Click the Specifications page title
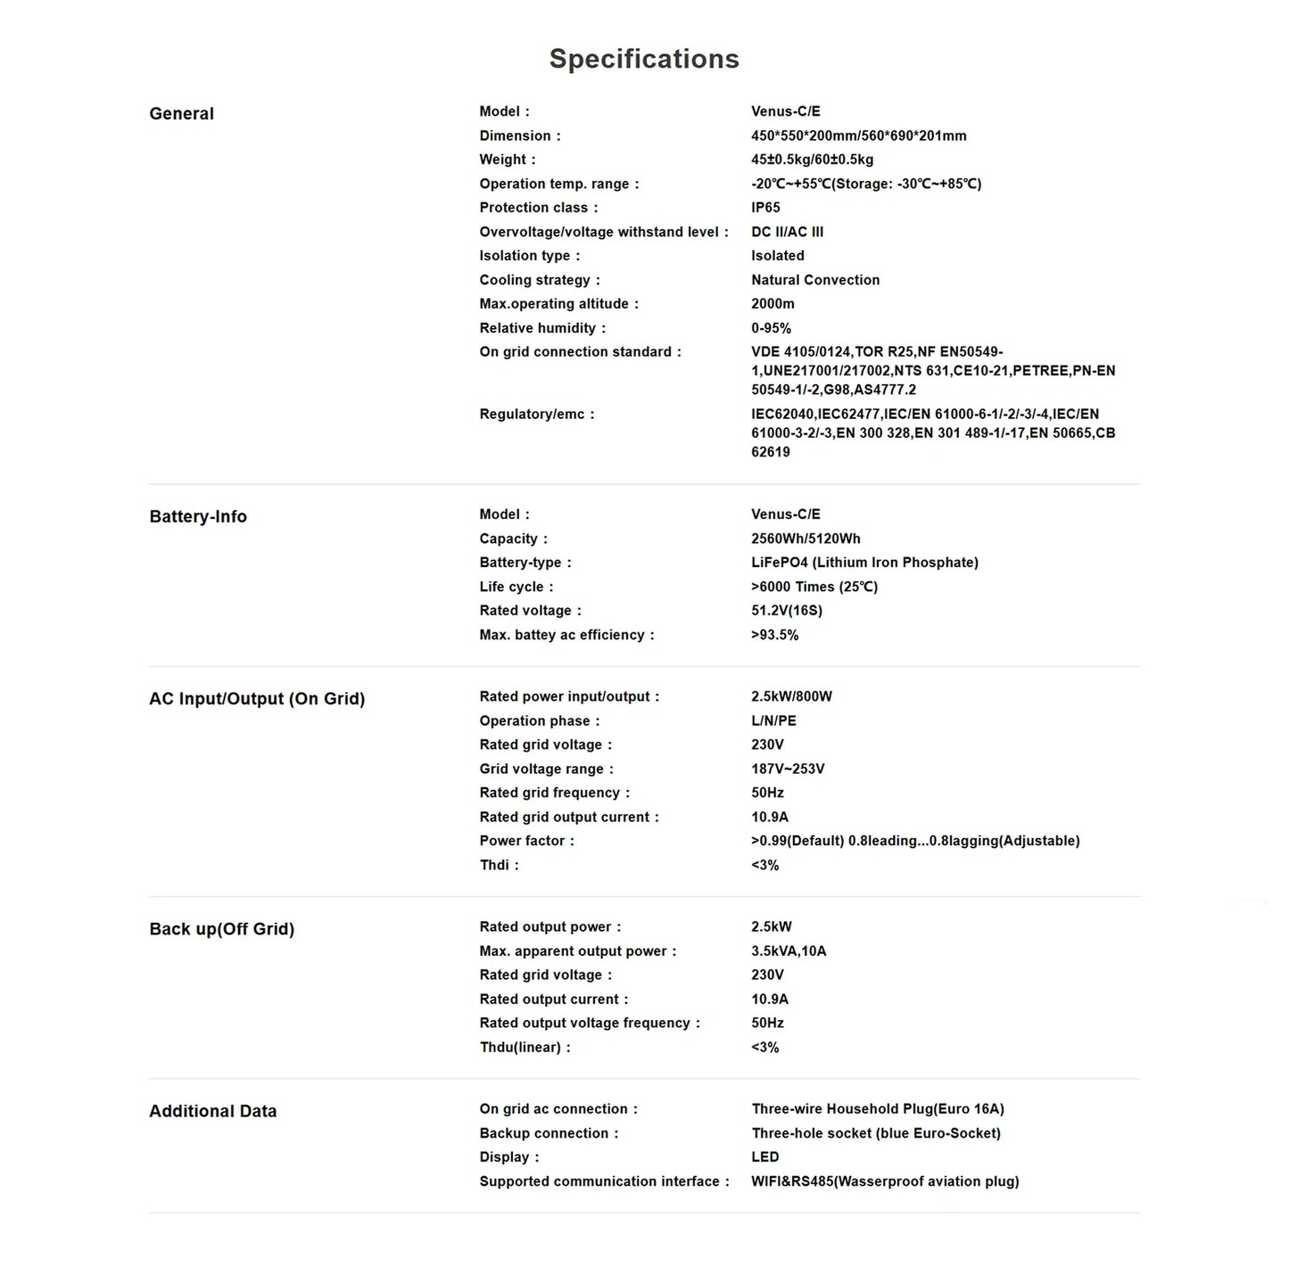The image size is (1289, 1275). click(x=644, y=59)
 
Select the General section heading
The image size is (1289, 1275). click(x=181, y=113)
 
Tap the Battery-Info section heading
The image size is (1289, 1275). click(x=198, y=516)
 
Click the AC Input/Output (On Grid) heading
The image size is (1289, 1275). click(x=257, y=698)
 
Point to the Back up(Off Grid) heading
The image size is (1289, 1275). click(x=221, y=928)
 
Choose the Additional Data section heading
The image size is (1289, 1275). click(x=212, y=1111)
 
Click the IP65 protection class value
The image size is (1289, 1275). click(x=765, y=208)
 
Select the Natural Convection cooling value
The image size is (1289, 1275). click(x=815, y=280)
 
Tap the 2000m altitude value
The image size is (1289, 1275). click(x=773, y=304)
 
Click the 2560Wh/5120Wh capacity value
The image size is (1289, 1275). click(x=806, y=539)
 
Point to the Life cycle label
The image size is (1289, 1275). click(x=511, y=587)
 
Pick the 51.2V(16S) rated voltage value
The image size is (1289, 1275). click(x=787, y=611)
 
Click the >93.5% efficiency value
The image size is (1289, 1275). click(x=774, y=635)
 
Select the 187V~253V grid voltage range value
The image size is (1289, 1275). click(x=788, y=769)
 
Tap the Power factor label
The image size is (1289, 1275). click(x=522, y=841)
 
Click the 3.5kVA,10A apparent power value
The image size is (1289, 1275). click(x=789, y=951)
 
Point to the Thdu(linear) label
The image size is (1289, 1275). click(x=520, y=1048)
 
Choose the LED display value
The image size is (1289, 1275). click(x=765, y=1157)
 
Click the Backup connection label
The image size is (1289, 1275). click(x=543, y=1133)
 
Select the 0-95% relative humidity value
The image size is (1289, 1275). click(x=771, y=328)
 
